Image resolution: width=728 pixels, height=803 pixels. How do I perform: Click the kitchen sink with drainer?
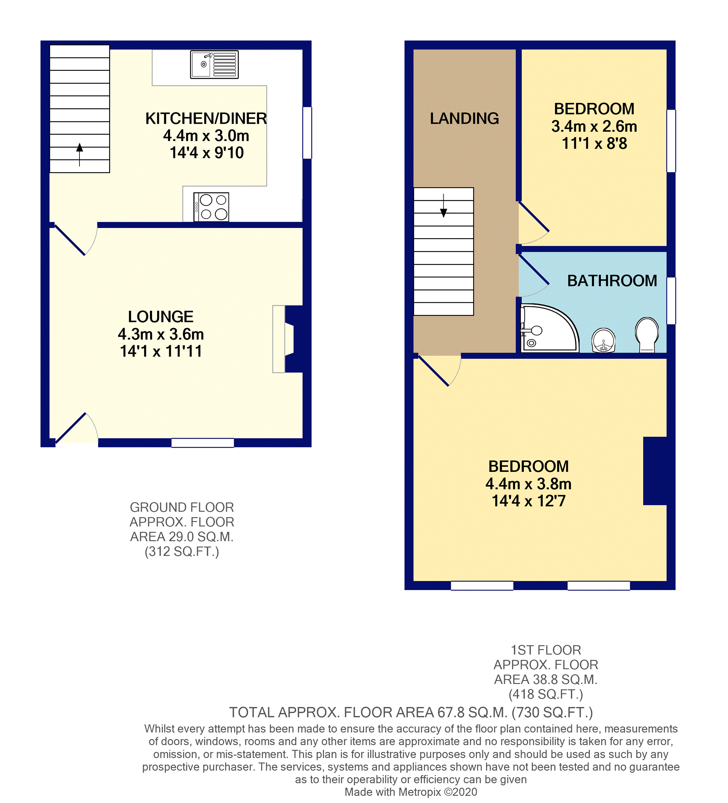(x=214, y=64)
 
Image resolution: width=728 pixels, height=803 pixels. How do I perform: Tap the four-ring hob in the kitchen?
(x=211, y=207)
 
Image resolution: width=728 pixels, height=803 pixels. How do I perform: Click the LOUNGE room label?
(x=160, y=317)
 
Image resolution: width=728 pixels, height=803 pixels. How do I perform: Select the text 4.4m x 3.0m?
(x=206, y=136)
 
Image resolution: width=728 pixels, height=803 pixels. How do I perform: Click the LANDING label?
(x=464, y=118)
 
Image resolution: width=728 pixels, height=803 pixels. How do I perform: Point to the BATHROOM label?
(x=612, y=281)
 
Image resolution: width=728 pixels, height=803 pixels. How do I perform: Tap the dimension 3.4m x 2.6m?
(x=594, y=126)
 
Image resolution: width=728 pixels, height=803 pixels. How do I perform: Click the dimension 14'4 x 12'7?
(x=528, y=501)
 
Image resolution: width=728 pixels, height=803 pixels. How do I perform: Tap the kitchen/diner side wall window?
(x=307, y=133)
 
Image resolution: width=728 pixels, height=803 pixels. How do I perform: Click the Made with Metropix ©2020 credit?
(x=410, y=792)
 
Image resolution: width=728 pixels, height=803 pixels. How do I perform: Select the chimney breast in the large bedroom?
(x=655, y=471)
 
